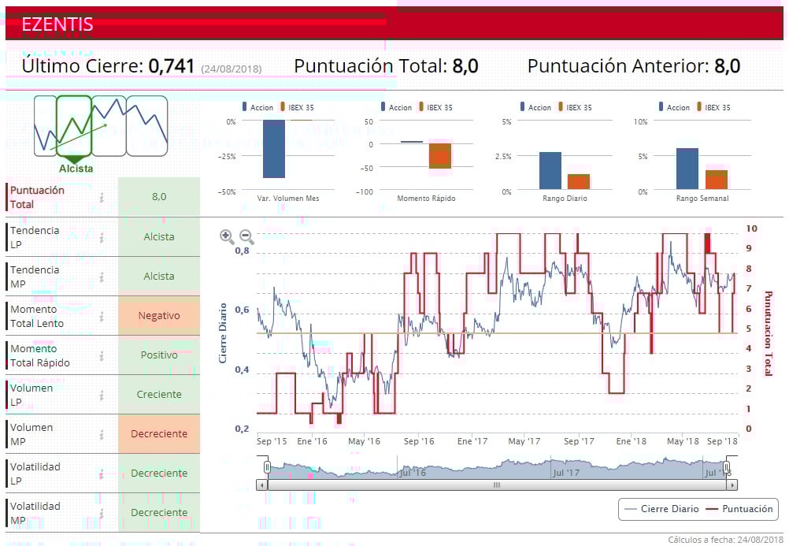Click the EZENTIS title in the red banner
point(57,24)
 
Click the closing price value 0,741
point(171,66)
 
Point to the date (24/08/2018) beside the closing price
point(232,69)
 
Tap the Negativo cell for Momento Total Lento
point(159,316)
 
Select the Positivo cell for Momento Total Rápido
point(159,355)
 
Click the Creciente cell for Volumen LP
point(159,395)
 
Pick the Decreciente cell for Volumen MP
point(159,434)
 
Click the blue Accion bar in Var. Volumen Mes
point(273,149)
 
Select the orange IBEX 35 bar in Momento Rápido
point(440,156)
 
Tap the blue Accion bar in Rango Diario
point(550,171)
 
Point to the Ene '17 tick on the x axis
point(472,442)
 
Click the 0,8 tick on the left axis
point(242,251)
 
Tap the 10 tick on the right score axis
point(751,228)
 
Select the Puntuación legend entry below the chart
point(738,509)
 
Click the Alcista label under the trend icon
point(76,169)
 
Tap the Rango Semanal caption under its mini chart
point(702,199)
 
